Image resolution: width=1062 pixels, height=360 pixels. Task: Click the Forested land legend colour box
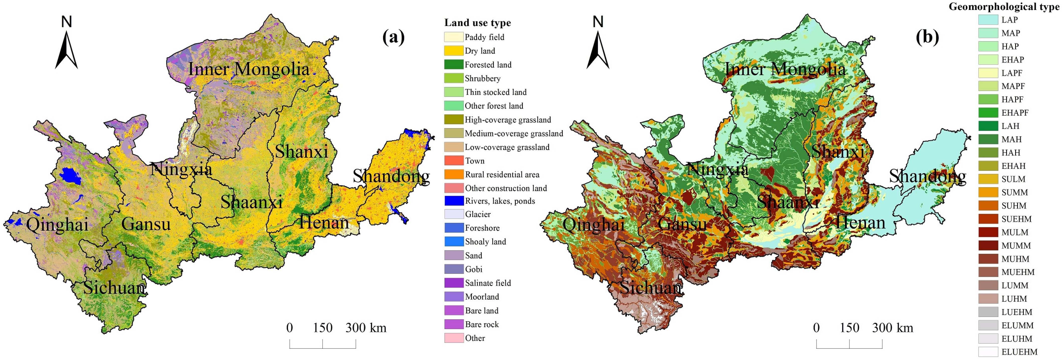click(453, 64)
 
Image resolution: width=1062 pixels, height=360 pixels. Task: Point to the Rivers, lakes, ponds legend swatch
click(453, 201)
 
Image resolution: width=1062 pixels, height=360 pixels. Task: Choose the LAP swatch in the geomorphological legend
click(988, 20)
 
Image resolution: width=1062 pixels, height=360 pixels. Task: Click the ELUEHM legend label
click(1020, 352)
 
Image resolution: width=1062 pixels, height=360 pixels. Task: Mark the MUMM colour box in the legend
click(988, 245)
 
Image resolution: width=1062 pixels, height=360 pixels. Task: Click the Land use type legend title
click(477, 23)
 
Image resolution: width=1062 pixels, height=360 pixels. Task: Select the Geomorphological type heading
click(1003, 6)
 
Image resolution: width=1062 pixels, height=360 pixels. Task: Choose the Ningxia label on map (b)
click(717, 169)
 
